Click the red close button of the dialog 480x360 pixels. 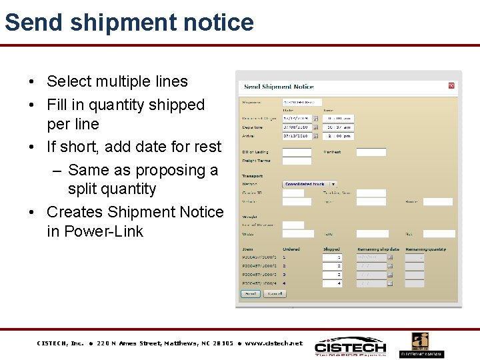451,86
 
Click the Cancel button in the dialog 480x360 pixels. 275,293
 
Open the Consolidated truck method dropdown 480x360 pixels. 310,184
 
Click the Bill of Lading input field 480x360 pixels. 297,152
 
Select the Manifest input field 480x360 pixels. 371,152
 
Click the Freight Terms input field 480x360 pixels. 297,161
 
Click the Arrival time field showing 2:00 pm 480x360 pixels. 338,136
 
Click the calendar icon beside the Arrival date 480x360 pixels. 316,136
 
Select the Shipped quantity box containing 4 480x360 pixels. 332,283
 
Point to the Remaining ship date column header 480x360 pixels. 378,249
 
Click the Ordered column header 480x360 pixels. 291,249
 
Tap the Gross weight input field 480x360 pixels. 298,234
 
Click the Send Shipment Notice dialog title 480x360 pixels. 279,87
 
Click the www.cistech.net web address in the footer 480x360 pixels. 273,343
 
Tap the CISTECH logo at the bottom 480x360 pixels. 350,346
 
